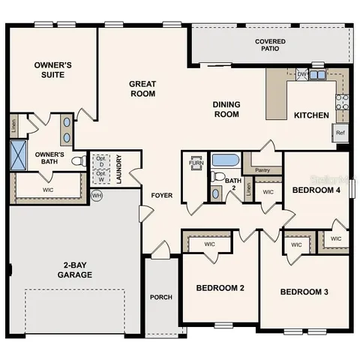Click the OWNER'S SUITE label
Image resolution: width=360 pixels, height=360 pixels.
click(x=52, y=70)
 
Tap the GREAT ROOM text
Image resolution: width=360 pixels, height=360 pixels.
click(x=142, y=88)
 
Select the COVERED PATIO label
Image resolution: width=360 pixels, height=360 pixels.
click(x=270, y=46)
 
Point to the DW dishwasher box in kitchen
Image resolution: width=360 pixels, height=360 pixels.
click(x=301, y=74)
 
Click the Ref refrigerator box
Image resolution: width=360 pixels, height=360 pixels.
click(x=340, y=133)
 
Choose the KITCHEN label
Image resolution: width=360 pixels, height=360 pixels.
click(x=310, y=115)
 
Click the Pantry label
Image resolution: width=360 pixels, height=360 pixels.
click(x=262, y=170)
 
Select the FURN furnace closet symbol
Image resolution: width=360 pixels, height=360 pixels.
click(x=196, y=163)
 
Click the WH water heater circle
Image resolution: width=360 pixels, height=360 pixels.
click(x=96, y=196)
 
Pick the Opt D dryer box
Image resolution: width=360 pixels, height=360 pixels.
click(x=100, y=161)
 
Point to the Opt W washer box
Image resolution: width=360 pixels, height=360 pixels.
click(x=100, y=176)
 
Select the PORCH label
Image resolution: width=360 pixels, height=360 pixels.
click(x=160, y=297)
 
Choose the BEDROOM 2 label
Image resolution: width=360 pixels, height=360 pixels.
click(x=220, y=288)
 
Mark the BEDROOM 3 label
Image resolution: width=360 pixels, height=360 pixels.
click(x=305, y=292)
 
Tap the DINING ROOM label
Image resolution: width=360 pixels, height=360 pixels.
click(x=226, y=109)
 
